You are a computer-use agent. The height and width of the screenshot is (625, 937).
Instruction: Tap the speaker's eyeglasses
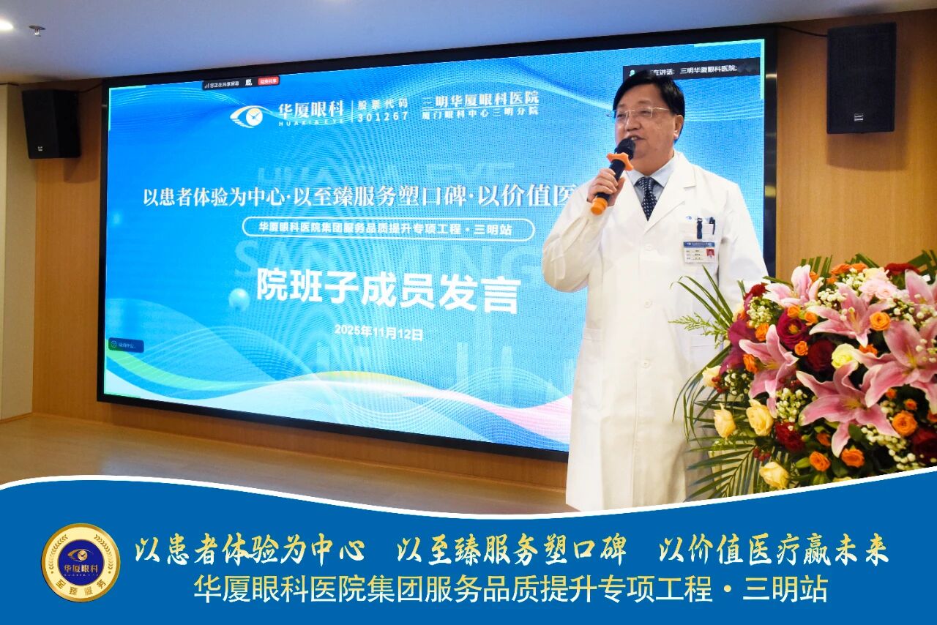point(642,113)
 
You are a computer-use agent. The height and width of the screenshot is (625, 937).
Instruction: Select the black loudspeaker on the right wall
point(861,78)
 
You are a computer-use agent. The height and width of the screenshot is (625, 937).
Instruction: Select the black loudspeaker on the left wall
point(51,123)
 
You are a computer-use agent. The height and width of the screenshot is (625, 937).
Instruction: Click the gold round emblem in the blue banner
point(81,562)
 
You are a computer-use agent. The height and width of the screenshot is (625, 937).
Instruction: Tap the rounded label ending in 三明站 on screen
point(388,228)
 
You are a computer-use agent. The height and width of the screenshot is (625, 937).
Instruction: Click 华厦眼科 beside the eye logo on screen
point(310,111)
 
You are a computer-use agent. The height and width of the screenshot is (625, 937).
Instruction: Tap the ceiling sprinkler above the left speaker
point(37,30)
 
